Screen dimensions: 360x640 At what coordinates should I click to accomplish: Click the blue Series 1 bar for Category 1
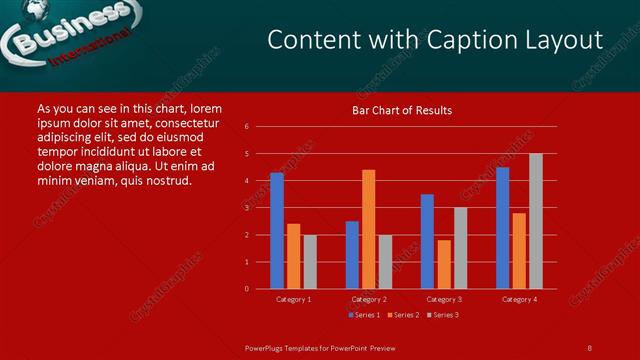pyautogui.click(x=277, y=231)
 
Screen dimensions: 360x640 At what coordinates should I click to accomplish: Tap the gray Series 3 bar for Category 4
pyautogui.click(x=535, y=221)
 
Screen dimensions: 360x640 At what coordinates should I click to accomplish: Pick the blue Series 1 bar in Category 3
pyautogui.click(x=427, y=241)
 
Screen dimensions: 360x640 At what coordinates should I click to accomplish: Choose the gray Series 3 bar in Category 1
pyautogui.click(x=309, y=262)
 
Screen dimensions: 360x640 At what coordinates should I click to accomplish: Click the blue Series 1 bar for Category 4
pyautogui.click(x=502, y=228)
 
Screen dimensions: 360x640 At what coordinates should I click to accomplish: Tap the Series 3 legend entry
pyautogui.click(x=443, y=315)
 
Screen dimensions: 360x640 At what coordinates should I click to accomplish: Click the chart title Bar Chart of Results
pyautogui.click(x=402, y=110)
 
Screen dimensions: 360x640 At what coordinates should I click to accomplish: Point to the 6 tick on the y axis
pyautogui.click(x=246, y=127)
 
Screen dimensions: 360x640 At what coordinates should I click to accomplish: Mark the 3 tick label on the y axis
pyautogui.click(x=246, y=208)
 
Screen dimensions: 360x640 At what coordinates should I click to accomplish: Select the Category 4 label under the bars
pyautogui.click(x=519, y=299)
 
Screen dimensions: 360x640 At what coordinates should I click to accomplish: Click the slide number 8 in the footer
pyautogui.click(x=589, y=347)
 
